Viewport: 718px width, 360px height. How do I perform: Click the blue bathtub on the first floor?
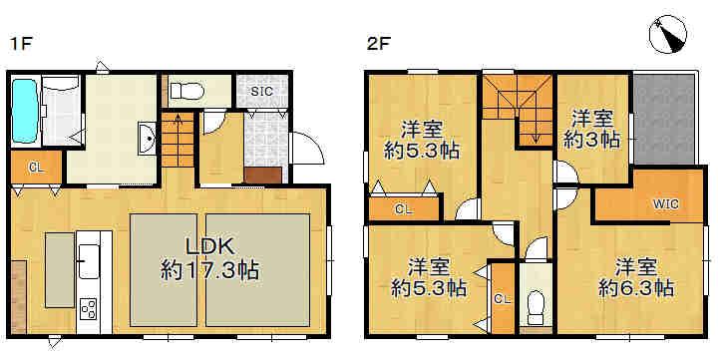(x=25, y=111)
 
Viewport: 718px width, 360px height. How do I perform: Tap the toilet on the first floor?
(x=187, y=90)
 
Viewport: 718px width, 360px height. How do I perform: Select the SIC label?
(x=262, y=91)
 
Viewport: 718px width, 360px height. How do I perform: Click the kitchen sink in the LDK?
(x=89, y=261)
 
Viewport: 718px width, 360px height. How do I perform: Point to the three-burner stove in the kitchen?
(x=89, y=309)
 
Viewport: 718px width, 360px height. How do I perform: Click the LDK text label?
(x=209, y=247)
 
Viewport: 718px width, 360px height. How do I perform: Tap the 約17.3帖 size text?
(x=209, y=270)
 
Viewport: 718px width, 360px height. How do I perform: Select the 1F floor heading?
(x=21, y=44)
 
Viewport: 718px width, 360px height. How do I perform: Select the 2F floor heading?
(x=378, y=44)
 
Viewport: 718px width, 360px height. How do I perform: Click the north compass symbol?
(x=668, y=35)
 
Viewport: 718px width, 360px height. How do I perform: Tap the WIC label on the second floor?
(x=666, y=204)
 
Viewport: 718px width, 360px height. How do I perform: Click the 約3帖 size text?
(x=591, y=140)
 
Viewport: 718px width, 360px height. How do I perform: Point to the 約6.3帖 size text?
(x=636, y=288)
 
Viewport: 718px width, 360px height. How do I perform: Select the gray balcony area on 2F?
(x=664, y=119)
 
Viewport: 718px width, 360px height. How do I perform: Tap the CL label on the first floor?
(x=36, y=169)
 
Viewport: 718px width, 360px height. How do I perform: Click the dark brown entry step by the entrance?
(x=263, y=176)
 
